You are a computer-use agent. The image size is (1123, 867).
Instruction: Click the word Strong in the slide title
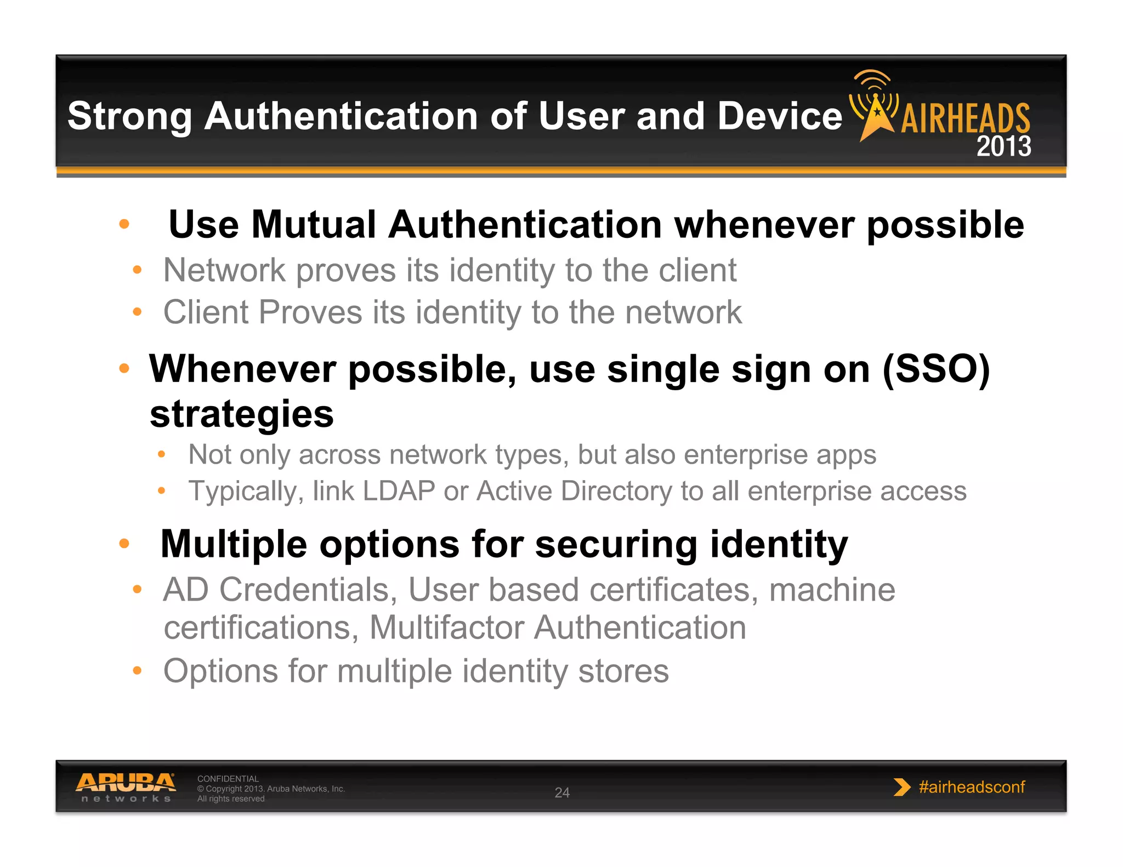pyautogui.click(x=129, y=117)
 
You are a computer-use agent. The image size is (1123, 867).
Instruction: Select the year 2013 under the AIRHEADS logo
pyautogui.click(x=1003, y=146)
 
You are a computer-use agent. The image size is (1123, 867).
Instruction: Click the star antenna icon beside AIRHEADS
pyautogui.click(x=876, y=107)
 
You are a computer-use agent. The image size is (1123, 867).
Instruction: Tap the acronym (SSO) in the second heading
pyautogui.click(x=935, y=369)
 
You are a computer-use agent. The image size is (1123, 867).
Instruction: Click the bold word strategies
pyautogui.click(x=242, y=414)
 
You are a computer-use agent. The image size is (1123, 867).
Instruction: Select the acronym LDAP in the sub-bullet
pyautogui.click(x=399, y=490)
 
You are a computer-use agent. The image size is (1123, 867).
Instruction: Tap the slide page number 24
pyautogui.click(x=562, y=792)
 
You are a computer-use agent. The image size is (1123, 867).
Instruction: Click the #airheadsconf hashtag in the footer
pyautogui.click(x=972, y=787)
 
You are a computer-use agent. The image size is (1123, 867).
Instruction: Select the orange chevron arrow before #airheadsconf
pyautogui.click(x=901, y=787)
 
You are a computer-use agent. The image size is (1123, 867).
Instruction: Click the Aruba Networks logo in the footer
pyautogui.click(x=126, y=787)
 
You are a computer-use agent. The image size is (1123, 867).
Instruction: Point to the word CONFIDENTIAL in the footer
pyautogui.click(x=228, y=779)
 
